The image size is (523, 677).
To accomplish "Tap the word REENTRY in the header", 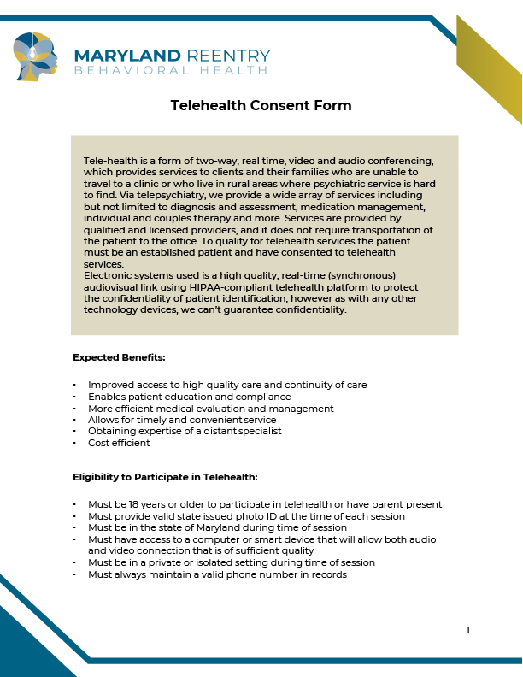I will [229, 56].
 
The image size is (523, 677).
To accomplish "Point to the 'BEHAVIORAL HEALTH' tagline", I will [171, 71].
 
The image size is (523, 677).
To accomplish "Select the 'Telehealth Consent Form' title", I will [261, 105].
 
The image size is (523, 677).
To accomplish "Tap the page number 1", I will [467, 631].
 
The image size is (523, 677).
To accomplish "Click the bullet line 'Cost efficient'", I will [119, 443].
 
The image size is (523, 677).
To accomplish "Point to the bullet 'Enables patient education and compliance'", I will [190, 397].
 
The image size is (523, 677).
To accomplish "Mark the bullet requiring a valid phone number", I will [217, 574].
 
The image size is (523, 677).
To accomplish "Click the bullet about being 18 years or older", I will [265, 504].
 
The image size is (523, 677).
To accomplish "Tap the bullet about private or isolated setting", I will [232, 562].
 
